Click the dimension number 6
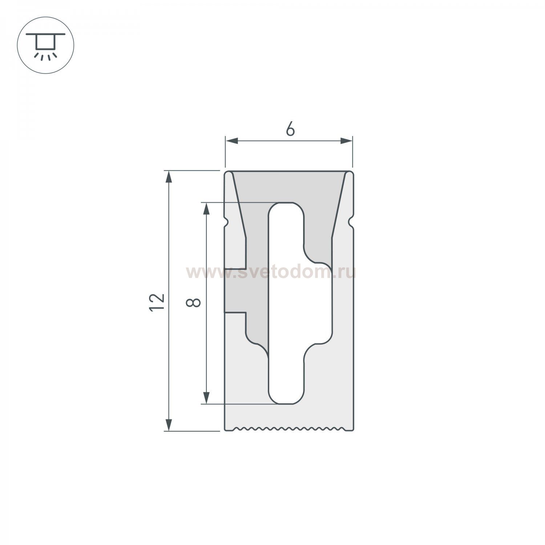[290, 129]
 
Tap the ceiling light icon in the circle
[45, 45]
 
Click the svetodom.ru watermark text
[271, 272]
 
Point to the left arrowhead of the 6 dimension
[231, 141]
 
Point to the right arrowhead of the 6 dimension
[346, 141]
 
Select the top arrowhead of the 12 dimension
[169, 177]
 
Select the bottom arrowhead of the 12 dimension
[169, 424]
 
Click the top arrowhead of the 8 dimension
[206, 209]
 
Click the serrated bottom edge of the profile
[289, 429]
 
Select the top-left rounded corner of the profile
[227, 172]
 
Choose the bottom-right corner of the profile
[352, 429]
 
